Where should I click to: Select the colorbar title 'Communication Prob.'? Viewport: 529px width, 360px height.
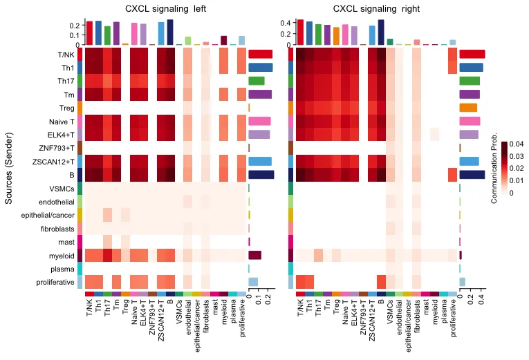(x=494, y=168)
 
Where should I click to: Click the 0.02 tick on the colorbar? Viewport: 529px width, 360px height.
(x=518, y=169)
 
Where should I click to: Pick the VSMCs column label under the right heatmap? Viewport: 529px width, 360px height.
(x=390, y=308)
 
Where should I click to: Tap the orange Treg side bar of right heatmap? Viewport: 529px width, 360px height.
(x=468, y=108)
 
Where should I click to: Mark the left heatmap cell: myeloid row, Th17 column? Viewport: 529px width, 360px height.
(x=107, y=255)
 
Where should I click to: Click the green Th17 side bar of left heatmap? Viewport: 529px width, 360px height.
(x=257, y=81)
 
